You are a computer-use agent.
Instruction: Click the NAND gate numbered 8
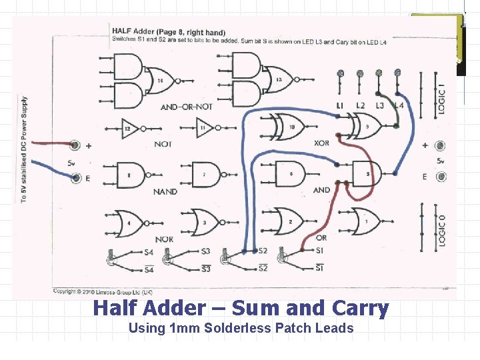(x=131, y=175)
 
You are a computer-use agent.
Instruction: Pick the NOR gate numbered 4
(x=129, y=223)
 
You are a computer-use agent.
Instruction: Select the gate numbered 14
(x=159, y=81)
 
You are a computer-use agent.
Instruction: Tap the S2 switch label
(x=262, y=251)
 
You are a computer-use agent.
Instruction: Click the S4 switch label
(x=149, y=252)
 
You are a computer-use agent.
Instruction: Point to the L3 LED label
(x=379, y=105)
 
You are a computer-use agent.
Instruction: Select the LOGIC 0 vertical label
(x=441, y=230)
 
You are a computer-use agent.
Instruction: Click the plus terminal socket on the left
(x=75, y=145)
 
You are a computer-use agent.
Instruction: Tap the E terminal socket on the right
(x=441, y=177)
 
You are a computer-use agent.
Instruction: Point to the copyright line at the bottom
(x=103, y=291)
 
